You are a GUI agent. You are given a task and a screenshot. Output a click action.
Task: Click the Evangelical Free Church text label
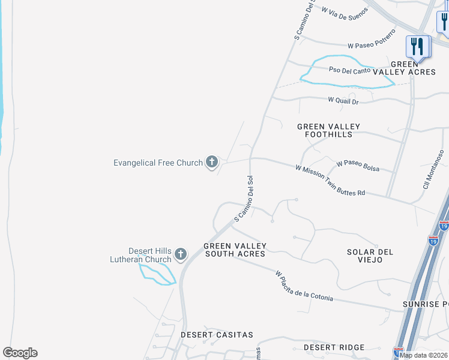coord(158,163)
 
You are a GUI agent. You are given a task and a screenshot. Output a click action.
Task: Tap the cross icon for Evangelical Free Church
coord(211,161)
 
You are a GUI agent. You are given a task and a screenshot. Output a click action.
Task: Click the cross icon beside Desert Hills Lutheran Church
coord(180,255)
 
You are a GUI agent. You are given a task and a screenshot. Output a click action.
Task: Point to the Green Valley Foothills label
coord(329,130)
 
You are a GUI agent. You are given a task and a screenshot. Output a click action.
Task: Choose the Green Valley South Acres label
coord(235,250)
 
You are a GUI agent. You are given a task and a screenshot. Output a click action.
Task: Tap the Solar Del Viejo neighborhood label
coord(370,256)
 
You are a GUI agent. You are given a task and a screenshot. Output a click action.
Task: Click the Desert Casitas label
coord(217,334)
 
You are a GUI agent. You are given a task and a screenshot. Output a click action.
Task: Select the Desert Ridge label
coord(334,347)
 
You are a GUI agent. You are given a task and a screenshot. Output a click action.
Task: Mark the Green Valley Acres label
coord(412,68)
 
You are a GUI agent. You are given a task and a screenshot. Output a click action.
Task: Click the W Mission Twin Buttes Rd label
coord(330,181)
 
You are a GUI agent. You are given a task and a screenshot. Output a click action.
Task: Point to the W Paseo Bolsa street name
coord(358,166)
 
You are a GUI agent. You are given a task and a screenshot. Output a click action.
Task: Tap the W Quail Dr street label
coord(343,101)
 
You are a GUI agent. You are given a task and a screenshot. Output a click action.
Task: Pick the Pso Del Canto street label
coord(349,70)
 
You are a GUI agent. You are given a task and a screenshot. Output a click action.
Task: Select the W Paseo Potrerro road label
coord(372,40)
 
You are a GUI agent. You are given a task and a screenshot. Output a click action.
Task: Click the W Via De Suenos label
coord(345,13)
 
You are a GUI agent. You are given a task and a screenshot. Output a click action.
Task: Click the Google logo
coord(20,353)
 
